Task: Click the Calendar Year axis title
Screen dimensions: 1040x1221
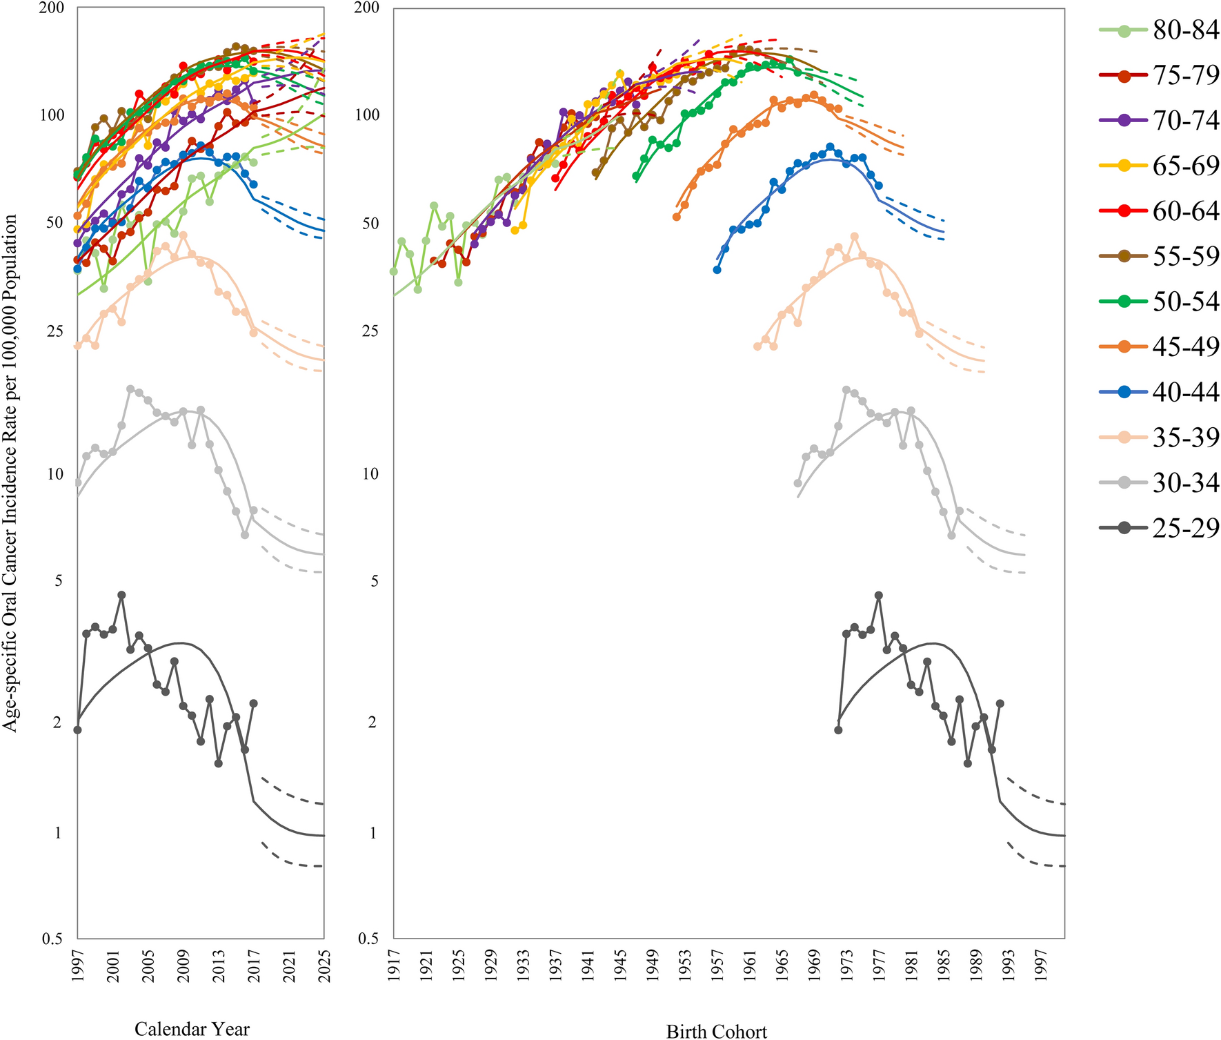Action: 192,1029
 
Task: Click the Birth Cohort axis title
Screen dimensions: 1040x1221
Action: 716,1031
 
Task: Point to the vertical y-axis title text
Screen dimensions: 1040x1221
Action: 10,473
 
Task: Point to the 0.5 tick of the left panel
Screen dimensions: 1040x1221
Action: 53,939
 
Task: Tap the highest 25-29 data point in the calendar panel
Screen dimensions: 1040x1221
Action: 121,595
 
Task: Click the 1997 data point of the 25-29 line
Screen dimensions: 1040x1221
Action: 77,729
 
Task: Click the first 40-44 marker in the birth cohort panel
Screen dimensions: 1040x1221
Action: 717,270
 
